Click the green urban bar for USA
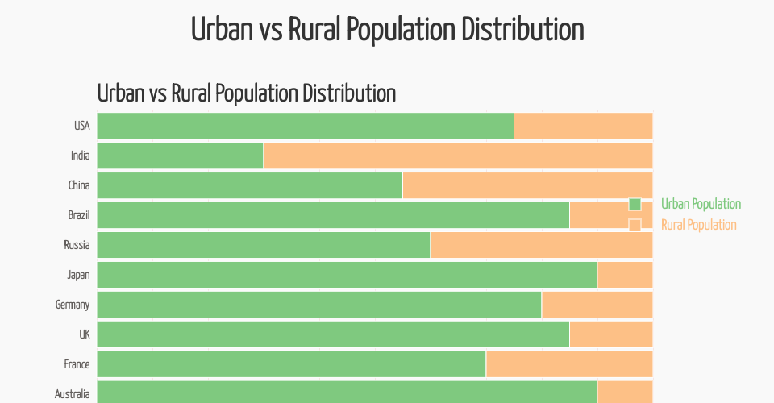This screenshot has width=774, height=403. coord(305,126)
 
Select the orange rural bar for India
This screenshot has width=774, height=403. coord(457,156)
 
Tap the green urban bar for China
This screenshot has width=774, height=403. coord(249,185)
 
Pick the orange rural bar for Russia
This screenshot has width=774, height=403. coord(540,245)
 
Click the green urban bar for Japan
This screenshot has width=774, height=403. coord(347,275)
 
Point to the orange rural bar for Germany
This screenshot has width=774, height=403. coord(597,305)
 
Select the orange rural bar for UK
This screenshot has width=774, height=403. coord(610,334)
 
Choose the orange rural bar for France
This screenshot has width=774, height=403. coord(568,364)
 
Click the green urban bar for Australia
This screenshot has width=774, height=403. coord(347,393)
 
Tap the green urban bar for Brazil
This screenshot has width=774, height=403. coord(332,215)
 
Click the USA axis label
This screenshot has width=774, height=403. coord(81,126)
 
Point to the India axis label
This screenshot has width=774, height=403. coord(80,156)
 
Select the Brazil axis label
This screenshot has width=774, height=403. coord(79,215)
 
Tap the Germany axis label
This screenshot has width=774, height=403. coord(73,305)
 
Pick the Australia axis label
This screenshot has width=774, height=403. coord(72,394)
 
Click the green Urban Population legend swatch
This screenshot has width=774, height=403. coord(635,204)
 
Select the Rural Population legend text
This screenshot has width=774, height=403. coord(698,225)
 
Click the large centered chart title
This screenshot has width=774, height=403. coord(387,30)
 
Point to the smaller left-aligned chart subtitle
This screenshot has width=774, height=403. coord(246,93)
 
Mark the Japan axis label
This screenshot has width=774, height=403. coord(78,275)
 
